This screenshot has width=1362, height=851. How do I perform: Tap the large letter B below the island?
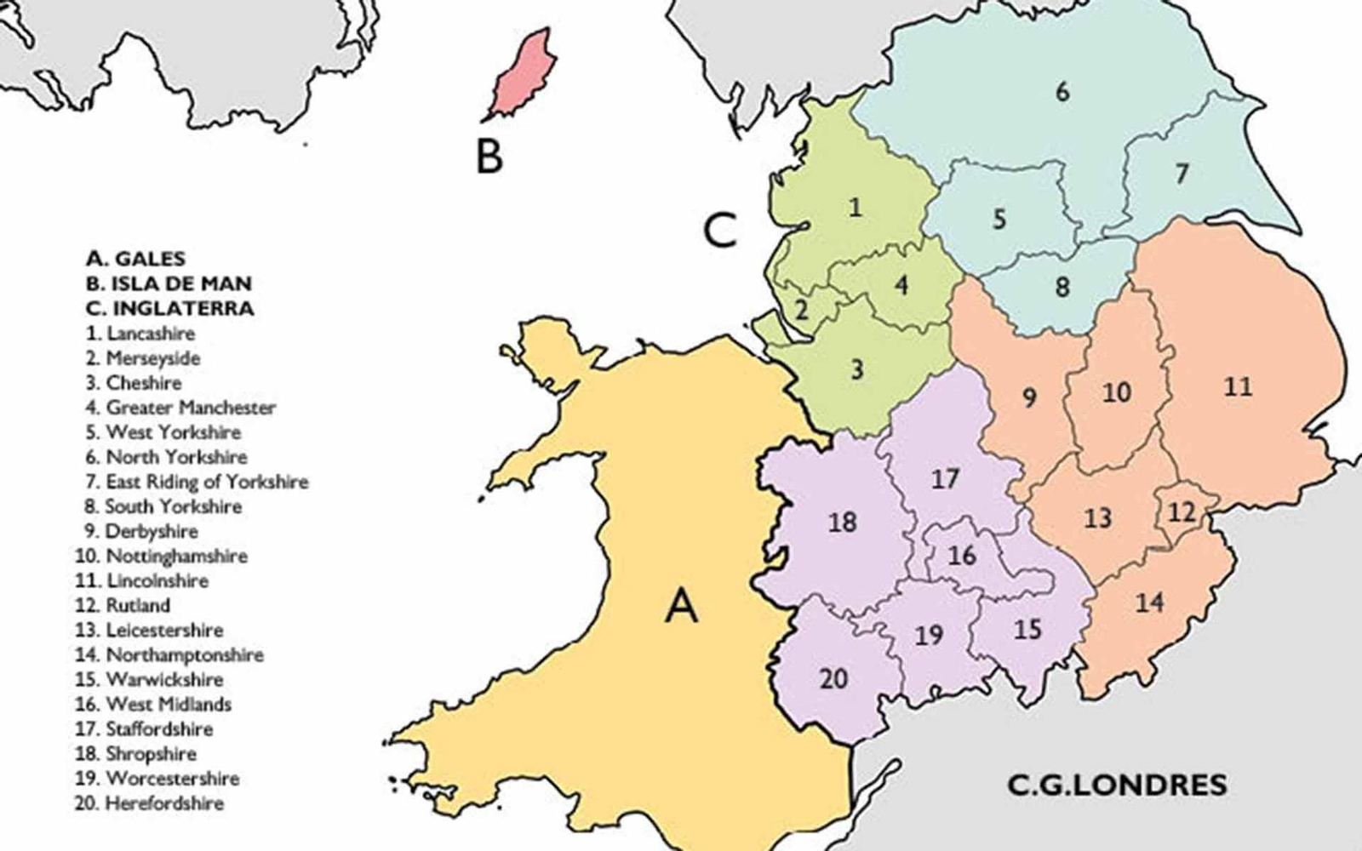pos(489,157)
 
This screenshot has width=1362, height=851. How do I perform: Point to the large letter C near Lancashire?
pos(720,230)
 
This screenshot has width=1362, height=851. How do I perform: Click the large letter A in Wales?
pos(682,606)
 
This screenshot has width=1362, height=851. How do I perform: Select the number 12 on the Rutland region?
pos(1182,512)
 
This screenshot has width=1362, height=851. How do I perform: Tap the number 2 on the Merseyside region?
pos(801,309)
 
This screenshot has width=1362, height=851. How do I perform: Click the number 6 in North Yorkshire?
pos(1062,91)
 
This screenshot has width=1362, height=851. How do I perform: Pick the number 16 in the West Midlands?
pos(962,555)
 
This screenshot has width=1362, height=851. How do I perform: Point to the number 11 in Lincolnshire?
pos(1238,387)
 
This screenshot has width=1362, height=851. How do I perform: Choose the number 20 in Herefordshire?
pos(833,678)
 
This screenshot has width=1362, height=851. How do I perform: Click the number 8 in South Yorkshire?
pos(1062,286)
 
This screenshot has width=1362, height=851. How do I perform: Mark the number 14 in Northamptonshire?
pos(1149,603)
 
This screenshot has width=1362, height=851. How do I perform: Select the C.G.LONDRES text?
pos(1117,784)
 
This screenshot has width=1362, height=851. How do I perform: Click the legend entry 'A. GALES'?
pos(135,259)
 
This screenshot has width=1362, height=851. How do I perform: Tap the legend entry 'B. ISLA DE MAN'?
pos(169,283)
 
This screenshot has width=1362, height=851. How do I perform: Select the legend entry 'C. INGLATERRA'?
pos(169,307)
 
